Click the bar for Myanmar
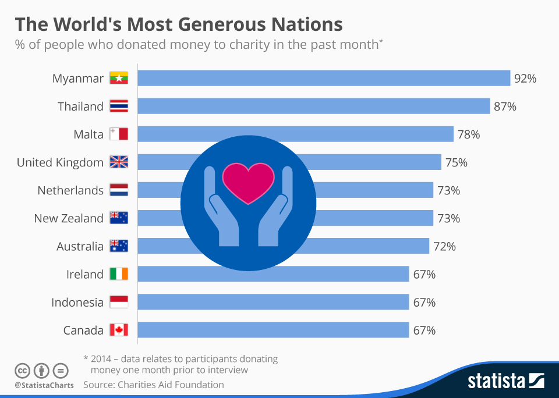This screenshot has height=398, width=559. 324,78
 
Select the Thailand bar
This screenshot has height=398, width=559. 313,106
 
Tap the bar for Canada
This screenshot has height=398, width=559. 273,330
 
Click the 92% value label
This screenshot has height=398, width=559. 525,79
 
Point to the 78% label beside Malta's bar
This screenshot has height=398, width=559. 468,134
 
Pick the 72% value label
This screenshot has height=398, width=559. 444,246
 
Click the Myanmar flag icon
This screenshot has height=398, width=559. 119,79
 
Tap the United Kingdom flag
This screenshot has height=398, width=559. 119,162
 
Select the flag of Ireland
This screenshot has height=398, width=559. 119,274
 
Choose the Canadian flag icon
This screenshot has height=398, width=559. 119,330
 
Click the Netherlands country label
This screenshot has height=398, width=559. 70,190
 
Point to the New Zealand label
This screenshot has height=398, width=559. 69,218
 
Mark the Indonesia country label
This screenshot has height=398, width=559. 77,302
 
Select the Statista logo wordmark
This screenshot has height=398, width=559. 496,381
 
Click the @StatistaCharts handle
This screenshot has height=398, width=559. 44,385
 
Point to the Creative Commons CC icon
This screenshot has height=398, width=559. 22,370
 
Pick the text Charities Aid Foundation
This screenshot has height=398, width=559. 171,385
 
